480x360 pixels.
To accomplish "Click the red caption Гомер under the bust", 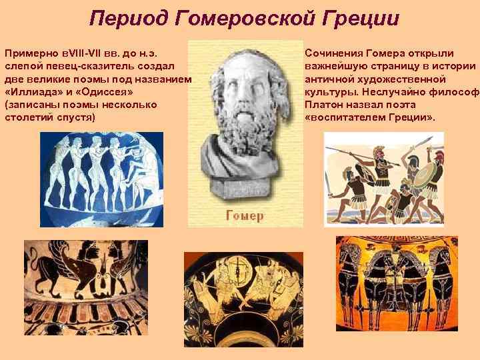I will pos(245,215).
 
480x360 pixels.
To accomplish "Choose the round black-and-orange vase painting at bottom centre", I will pos(244,298).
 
